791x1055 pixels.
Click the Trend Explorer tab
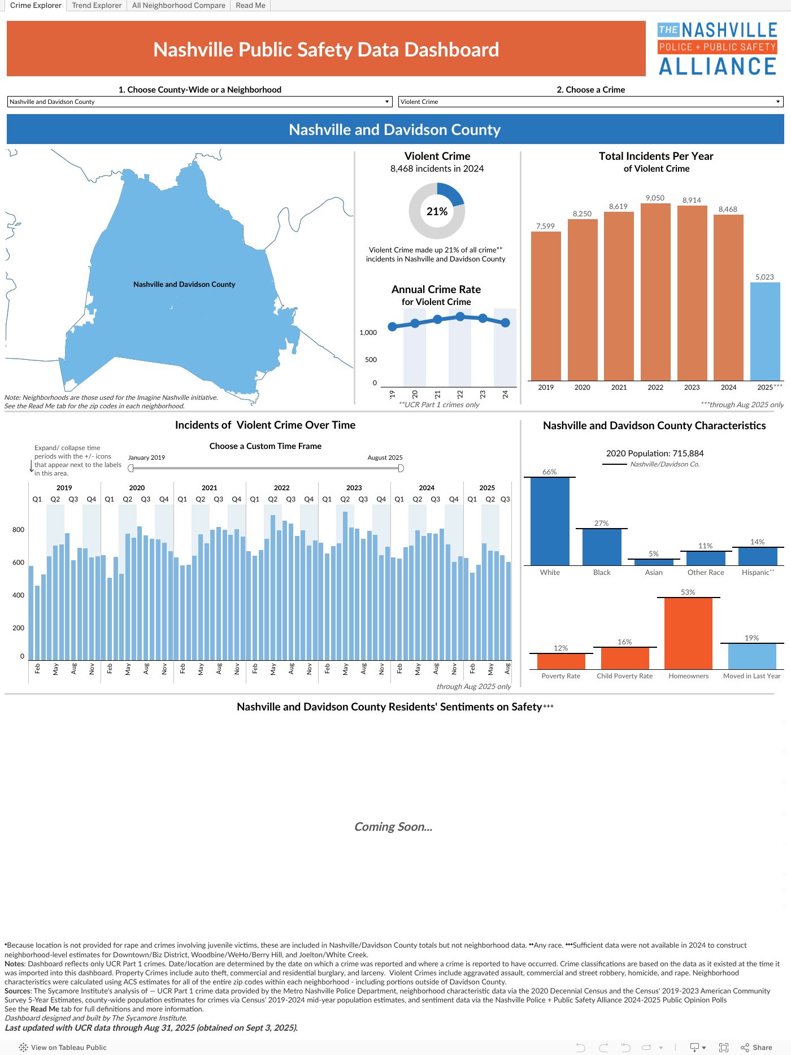97,6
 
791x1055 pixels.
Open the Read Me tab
250,6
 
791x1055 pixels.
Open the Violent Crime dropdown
590,102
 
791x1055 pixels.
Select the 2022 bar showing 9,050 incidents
655,292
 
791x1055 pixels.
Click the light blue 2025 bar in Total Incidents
765,332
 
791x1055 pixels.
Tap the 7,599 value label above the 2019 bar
545,226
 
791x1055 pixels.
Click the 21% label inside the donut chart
437,211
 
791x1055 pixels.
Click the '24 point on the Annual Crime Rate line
505,322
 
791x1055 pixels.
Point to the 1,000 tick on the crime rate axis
368,333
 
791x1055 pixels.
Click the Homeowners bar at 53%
688,634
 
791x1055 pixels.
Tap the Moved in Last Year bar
752,657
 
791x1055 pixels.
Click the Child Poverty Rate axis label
624,676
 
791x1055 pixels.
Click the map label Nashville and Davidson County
184,285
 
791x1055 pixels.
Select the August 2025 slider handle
401,468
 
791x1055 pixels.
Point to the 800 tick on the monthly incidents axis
18,530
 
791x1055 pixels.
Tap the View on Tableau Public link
63,1048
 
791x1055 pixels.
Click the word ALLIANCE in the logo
718,67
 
